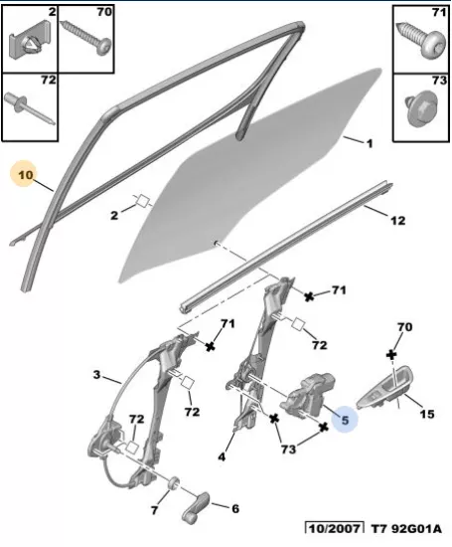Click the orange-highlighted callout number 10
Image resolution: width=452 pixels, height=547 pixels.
click(25, 174)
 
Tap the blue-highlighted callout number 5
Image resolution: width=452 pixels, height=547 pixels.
click(345, 420)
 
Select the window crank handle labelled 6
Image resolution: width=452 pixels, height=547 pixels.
click(196, 508)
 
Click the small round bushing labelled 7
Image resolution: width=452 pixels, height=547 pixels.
click(174, 482)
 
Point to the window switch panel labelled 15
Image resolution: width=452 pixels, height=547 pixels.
click(384, 388)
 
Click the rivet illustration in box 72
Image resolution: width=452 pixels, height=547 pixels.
click(30, 108)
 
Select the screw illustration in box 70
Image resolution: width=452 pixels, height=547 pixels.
click(86, 38)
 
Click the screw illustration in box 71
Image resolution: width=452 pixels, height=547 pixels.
click(421, 40)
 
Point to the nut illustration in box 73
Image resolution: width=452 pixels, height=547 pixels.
click(420, 108)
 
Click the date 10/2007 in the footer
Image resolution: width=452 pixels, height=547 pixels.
click(335, 529)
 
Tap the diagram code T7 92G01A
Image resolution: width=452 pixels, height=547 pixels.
click(406, 529)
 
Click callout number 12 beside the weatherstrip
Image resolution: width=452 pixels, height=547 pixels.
click(397, 220)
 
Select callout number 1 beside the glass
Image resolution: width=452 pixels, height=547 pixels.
click(370, 143)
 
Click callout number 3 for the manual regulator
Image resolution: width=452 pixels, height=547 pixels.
click(96, 375)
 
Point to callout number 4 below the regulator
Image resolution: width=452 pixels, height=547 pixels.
click(222, 456)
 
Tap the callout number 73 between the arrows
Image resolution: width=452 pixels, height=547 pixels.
click(288, 450)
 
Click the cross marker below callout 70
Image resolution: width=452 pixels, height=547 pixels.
click(391, 355)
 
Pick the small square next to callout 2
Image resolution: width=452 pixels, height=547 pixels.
click(142, 201)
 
